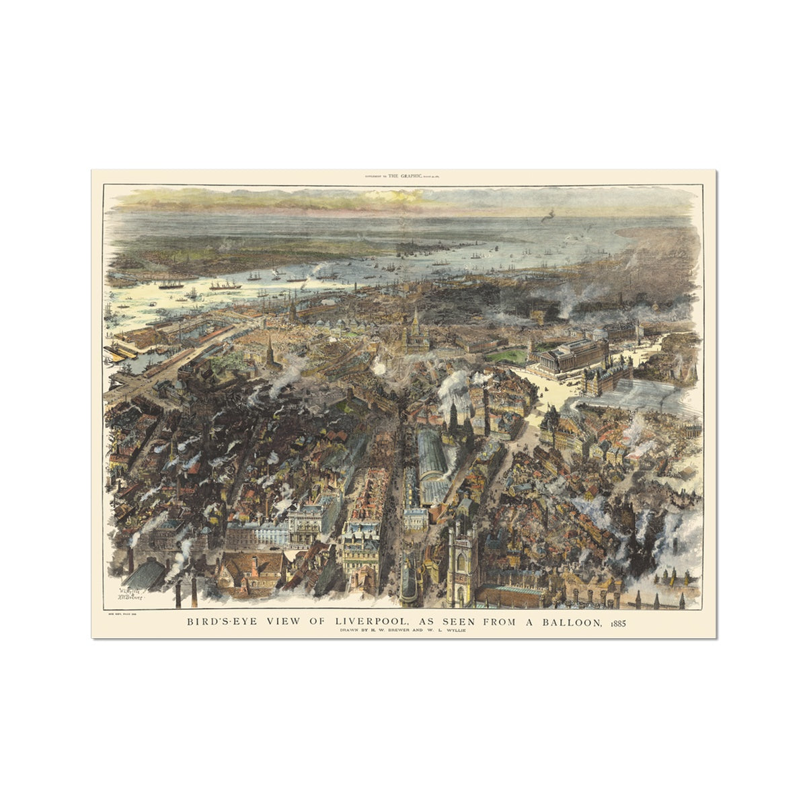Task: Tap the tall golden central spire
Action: coord(415,330)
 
